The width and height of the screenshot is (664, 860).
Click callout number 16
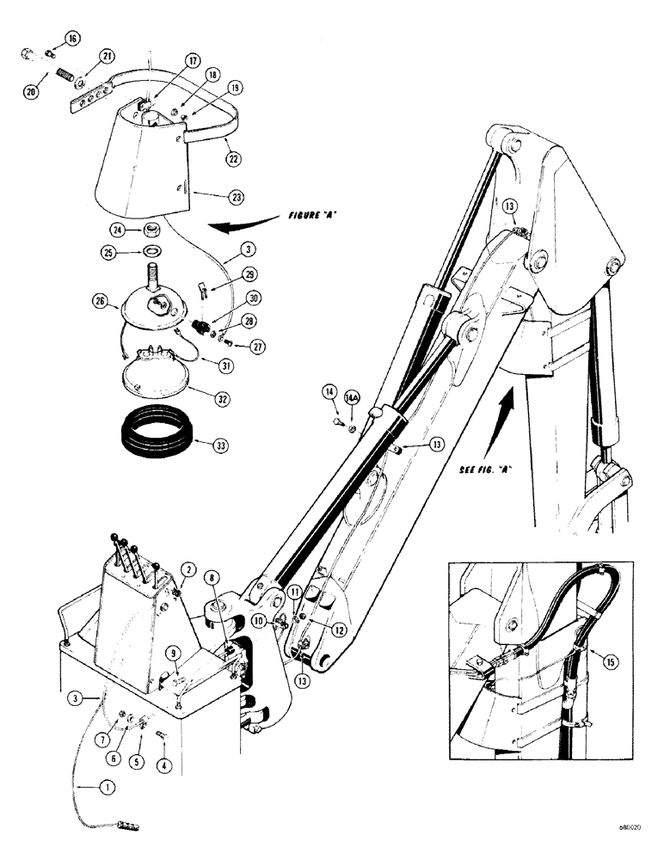71,39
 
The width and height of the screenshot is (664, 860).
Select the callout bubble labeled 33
201,445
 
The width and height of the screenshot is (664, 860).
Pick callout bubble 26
102,301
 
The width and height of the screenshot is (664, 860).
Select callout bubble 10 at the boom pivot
259,619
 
